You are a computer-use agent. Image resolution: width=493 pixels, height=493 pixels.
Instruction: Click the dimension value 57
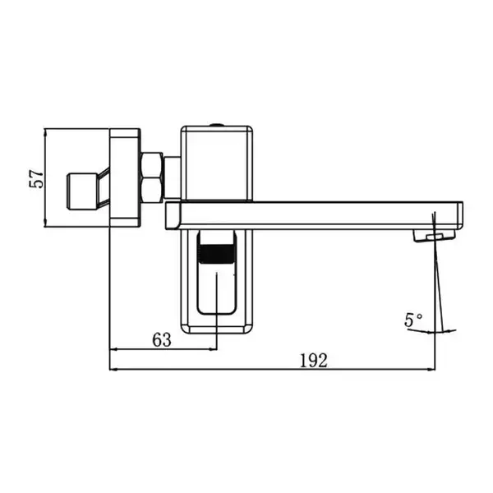pos(36,179)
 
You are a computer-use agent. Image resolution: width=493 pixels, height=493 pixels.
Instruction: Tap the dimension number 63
pos(162,340)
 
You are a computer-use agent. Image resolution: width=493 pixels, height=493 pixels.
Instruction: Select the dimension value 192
pos(314,361)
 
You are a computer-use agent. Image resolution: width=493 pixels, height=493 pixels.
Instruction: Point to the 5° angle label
pos(413,320)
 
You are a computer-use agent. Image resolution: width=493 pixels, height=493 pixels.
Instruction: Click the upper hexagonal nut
pos(152,165)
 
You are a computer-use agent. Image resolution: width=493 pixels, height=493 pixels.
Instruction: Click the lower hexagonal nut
pos(152,191)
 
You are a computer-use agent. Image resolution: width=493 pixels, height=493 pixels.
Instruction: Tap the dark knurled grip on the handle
pos(217,254)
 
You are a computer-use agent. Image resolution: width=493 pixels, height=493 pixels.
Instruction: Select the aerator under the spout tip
pos(434,236)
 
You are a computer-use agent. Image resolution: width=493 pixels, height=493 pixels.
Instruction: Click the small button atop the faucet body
pos(217,125)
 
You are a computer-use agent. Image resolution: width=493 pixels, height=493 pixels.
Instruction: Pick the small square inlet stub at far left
pos(82,191)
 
